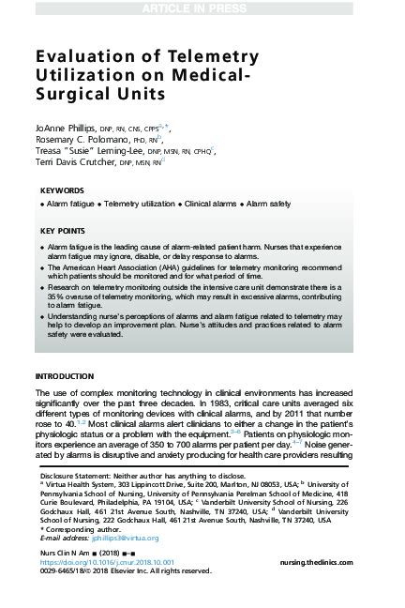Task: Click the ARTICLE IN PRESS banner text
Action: [x=202, y=8]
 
